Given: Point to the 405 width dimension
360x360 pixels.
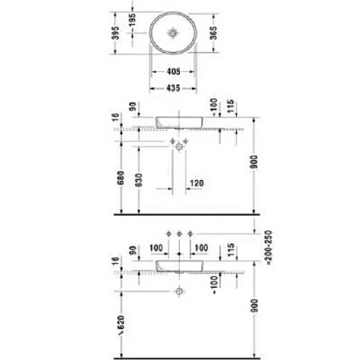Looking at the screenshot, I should click(x=173, y=73).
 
